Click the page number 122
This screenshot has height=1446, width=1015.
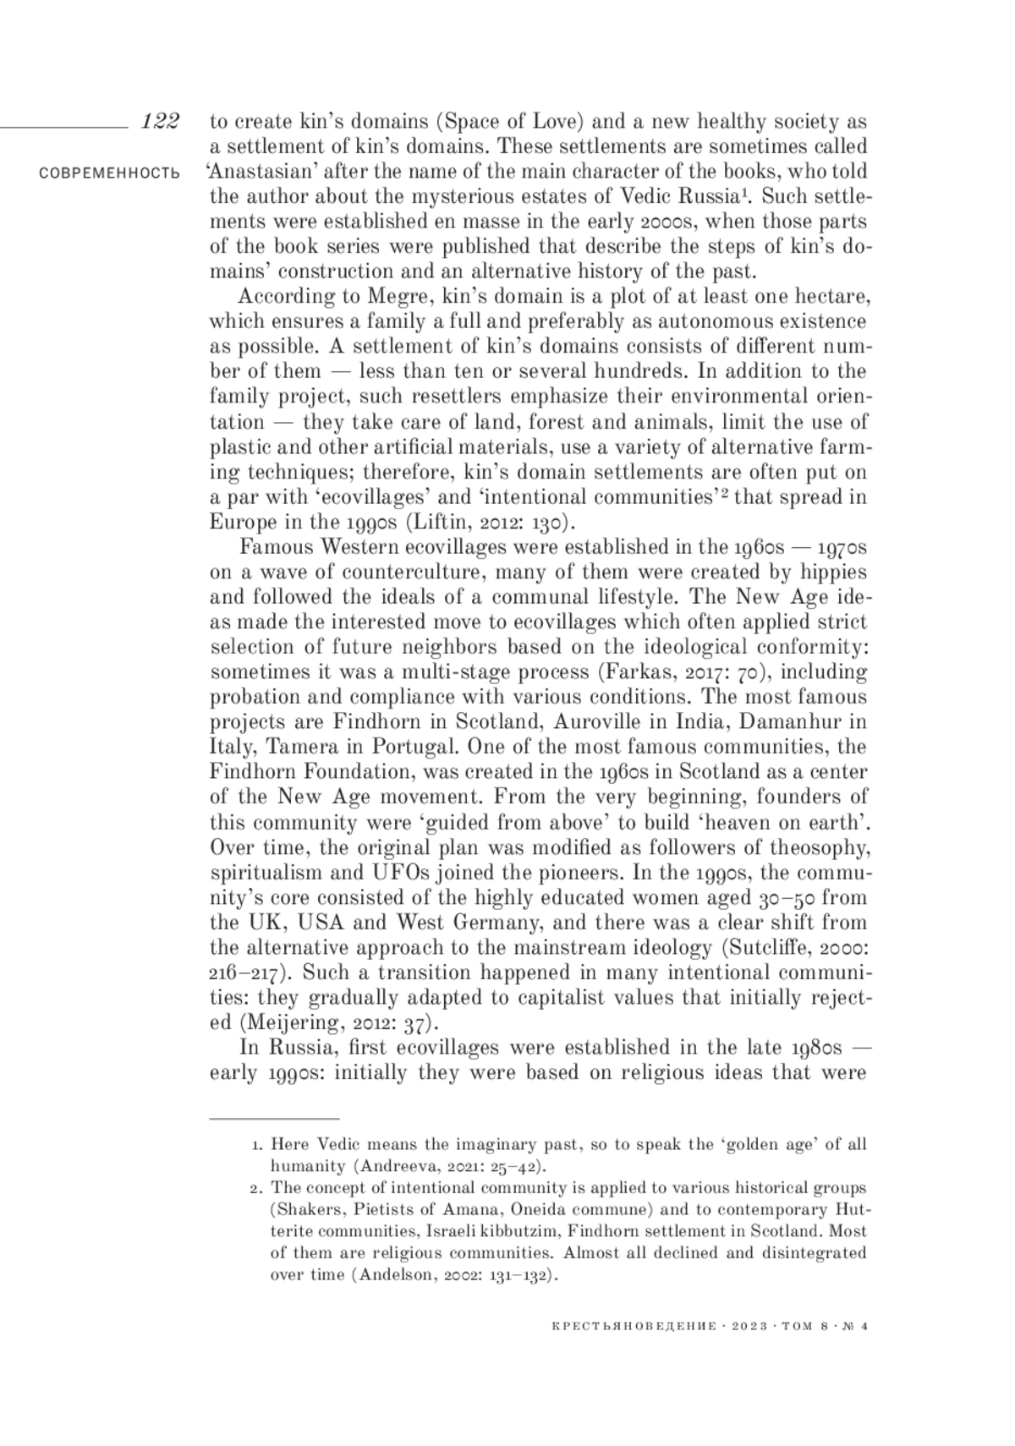(160, 121)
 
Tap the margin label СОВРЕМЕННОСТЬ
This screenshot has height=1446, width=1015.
(109, 173)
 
